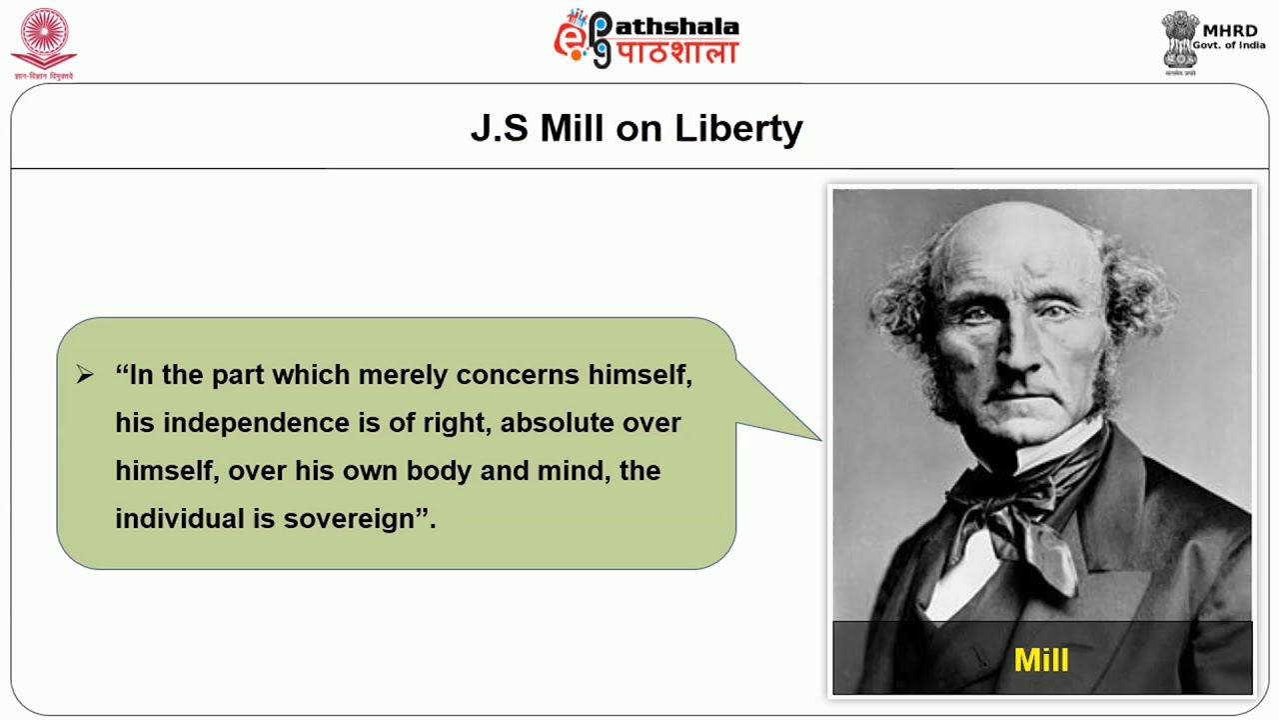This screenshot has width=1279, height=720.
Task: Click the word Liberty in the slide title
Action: click(738, 129)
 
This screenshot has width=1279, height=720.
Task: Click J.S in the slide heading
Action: click(499, 128)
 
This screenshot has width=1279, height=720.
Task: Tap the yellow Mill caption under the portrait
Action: click(1041, 660)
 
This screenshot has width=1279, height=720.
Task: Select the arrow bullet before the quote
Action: click(85, 375)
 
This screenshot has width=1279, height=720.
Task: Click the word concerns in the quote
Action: click(518, 375)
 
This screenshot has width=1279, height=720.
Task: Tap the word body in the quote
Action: click(437, 471)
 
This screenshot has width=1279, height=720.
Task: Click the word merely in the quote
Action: click(403, 375)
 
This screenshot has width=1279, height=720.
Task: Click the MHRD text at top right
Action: click(1230, 30)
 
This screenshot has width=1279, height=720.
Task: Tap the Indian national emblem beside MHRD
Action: click(1180, 40)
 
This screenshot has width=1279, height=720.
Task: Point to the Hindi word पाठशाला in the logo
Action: click(676, 52)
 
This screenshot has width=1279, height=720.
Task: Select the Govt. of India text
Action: click(1228, 46)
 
